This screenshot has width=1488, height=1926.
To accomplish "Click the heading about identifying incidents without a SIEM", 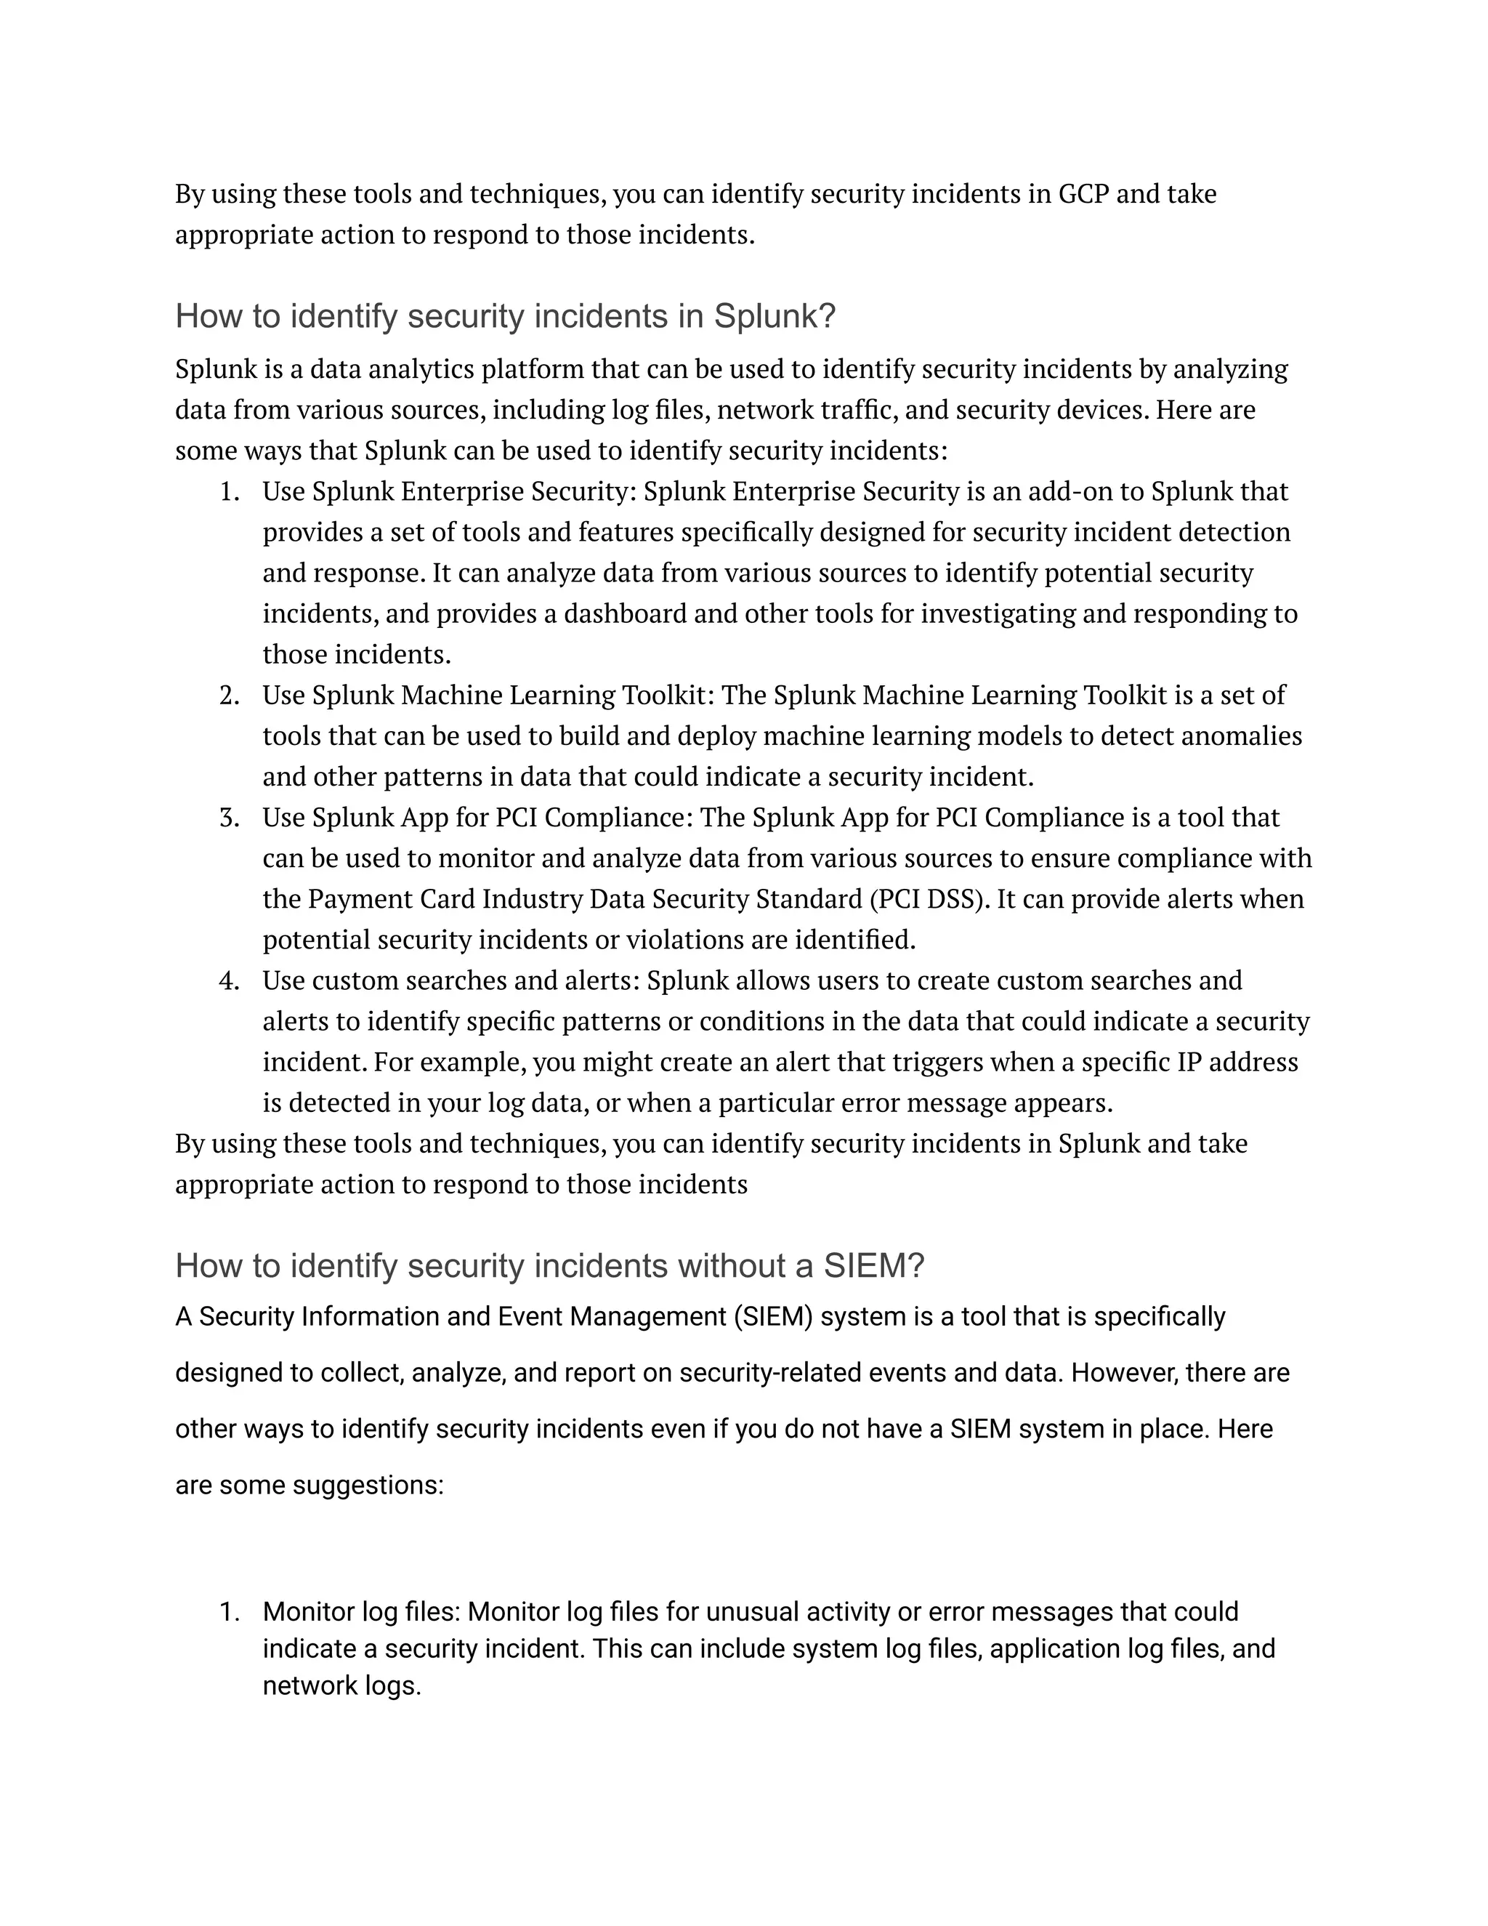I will (x=549, y=1265).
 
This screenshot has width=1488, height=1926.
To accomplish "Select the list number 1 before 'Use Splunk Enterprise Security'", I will (x=228, y=492).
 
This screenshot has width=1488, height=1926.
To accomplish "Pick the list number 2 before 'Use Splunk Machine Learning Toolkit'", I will (x=228, y=696).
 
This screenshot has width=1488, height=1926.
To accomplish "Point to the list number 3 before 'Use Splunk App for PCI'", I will (x=228, y=818).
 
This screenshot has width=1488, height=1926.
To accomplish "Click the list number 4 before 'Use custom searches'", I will (x=228, y=980).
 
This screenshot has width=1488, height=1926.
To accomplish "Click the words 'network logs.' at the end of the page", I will (x=342, y=1686).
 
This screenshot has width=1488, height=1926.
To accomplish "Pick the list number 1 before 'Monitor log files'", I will (x=228, y=1612).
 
